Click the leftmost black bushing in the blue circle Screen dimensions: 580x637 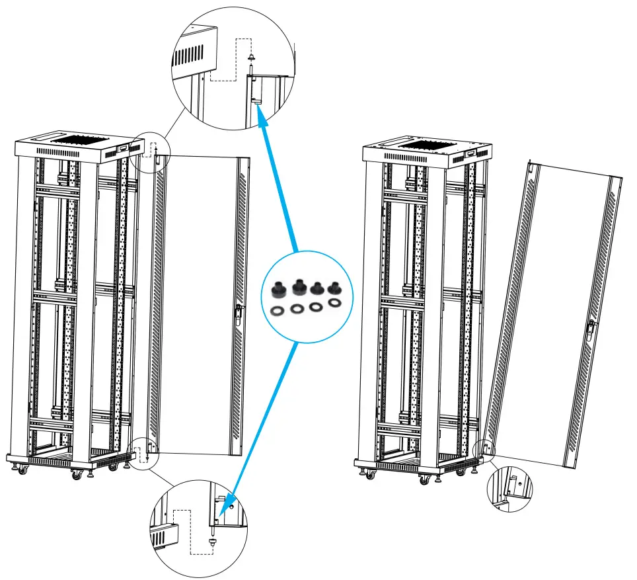(x=278, y=289)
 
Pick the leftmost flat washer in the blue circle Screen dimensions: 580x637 (x=278, y=309)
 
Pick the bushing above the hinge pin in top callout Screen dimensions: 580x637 (x=252, y=59)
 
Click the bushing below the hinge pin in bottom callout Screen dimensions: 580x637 (x=212, y=540)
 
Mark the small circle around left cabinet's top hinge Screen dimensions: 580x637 (x=151, y=153)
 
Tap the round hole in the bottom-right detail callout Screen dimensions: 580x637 (x=520, y=483)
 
